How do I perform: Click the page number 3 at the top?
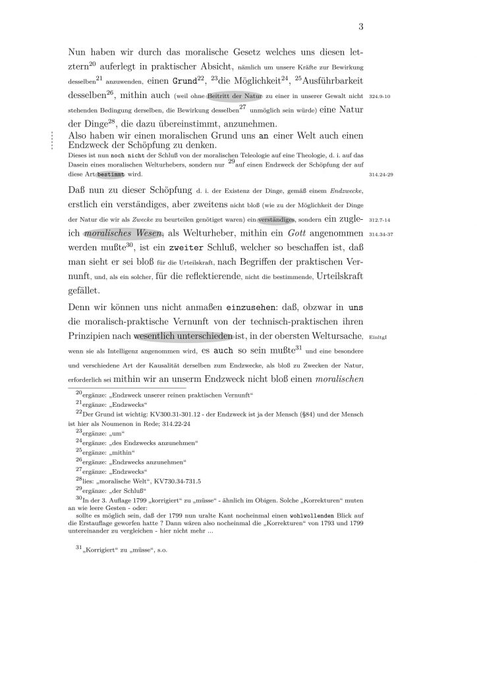pyautogui.click(x=361, y=27)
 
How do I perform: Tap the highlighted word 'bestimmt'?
pyautogui.click(x=109, y=176)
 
